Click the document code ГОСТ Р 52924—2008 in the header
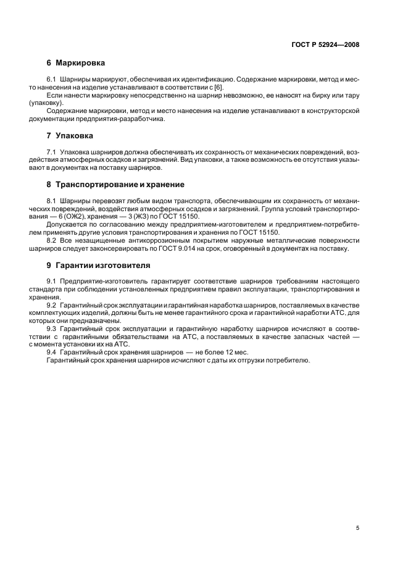pos(325,44)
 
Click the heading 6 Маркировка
pos(75,63)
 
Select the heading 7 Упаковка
pos(72,135)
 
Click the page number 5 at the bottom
pos(358,528)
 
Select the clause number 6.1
pos(51,80)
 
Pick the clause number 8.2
pos(51,241)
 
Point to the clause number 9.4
pos(51,351)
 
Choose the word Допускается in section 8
pos(65,225)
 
